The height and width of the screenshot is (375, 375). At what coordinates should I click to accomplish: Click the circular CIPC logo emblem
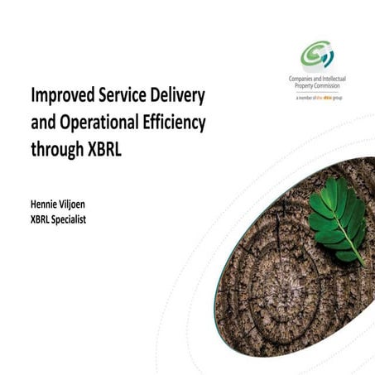[x=317, y=56]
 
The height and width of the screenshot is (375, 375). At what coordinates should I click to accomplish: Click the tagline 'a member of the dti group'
[x=317, y=98]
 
